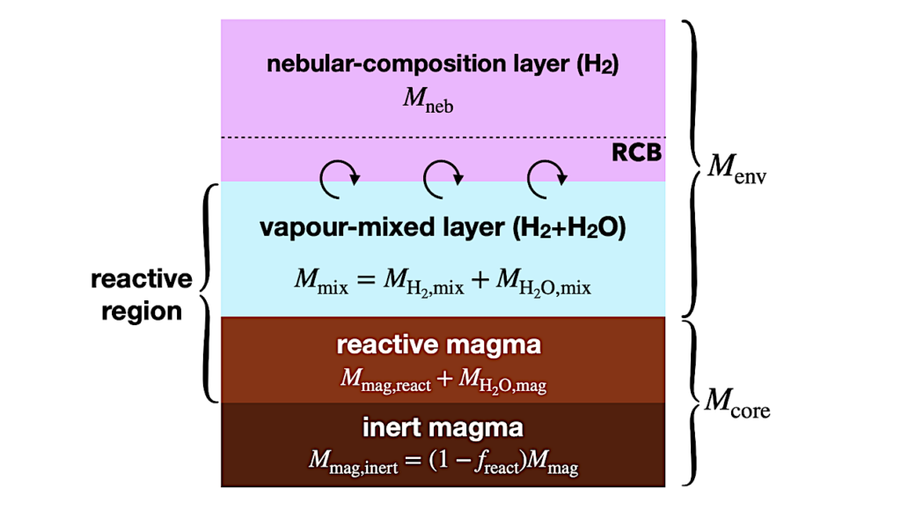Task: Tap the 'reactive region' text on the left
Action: pos(141,294)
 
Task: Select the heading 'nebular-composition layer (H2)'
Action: pos(443,65)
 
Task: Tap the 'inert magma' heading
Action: pos(443,428)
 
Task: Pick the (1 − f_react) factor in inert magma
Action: pos(476,462)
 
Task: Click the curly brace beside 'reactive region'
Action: pos(209,292)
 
